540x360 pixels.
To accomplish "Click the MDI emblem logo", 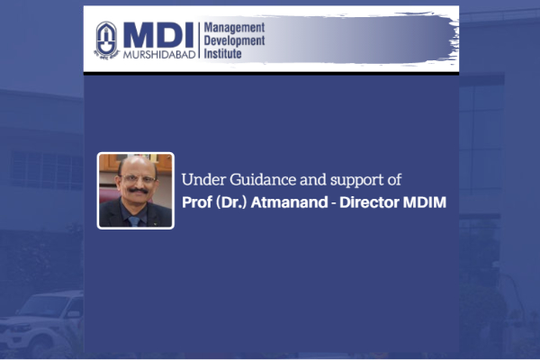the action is point(106,40).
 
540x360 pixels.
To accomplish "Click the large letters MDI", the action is point(158,35).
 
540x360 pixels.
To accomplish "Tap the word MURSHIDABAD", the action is point(159,54).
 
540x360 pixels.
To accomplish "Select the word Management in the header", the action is point(234,28).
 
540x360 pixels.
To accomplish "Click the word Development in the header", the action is point(234,40).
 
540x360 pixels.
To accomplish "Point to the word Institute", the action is point(222,53).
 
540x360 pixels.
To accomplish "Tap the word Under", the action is point(203,179).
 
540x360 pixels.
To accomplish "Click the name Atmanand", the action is point(289,202).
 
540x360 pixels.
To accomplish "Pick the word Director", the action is point(369,202).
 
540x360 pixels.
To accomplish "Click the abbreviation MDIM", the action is point(425,202).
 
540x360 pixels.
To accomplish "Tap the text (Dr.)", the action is point(231,202).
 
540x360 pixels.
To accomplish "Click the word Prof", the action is point(196,202).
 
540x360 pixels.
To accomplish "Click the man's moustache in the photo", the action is point(138,190).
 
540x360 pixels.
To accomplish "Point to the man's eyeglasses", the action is point(138,179).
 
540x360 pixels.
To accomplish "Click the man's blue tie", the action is point(134,220).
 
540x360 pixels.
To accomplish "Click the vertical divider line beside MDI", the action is point(199,40).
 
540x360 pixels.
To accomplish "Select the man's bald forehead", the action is point(137,166).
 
